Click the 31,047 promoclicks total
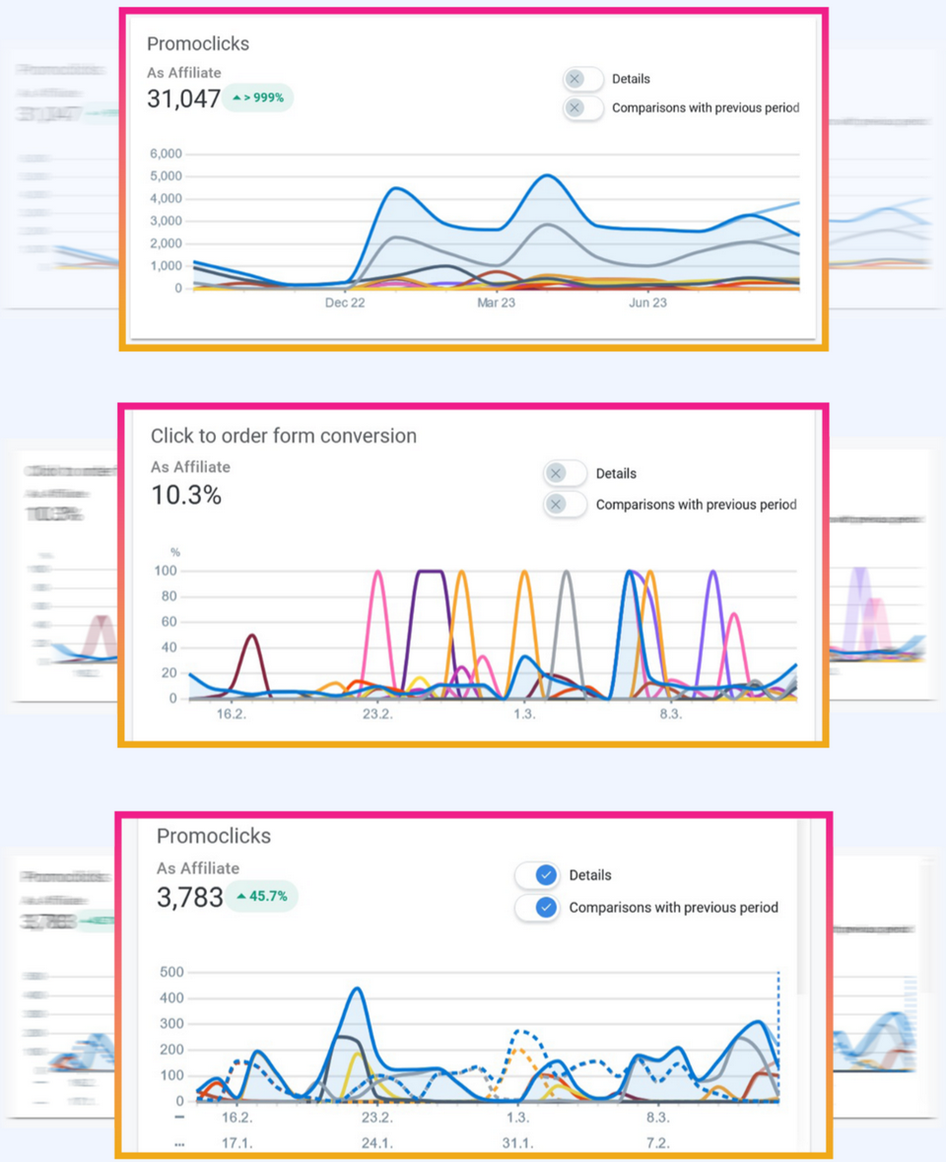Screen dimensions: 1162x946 [183, 99]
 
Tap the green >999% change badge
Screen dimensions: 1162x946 [258, 98]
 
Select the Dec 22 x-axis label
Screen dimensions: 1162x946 [345, 303]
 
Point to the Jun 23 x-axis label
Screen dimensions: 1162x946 [647, 303]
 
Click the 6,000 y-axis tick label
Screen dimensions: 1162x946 [166, 154]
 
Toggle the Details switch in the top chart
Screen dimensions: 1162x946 [583, 79]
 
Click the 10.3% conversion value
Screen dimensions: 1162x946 [186, 495]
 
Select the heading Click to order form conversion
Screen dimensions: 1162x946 [284, 436]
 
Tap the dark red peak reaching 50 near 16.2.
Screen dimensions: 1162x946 [253, 636]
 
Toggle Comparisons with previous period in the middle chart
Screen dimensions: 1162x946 [566, 505]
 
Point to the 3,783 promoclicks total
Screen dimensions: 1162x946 [189, 898]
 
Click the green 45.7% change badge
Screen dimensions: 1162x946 [261, 897]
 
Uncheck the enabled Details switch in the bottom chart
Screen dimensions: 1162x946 [537, 875]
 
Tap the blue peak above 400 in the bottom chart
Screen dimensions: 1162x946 [356, 989]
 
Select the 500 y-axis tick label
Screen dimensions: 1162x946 [172, 973]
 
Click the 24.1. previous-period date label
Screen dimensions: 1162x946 [376, 1142]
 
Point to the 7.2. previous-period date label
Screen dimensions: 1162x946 [657, 1142]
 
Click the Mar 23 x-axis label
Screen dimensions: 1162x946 [496, 303]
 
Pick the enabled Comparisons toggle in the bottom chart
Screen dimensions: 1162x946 [537, 908]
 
